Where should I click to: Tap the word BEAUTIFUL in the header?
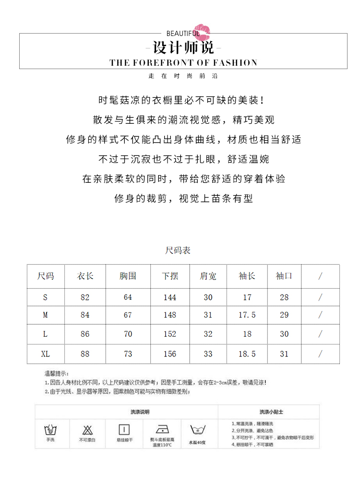[183, 34]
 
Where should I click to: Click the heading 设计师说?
[183, 48]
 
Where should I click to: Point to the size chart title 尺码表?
[178, 250]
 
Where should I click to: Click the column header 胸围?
[128, 276]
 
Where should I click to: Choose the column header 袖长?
[247, 276]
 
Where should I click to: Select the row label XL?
[45, 354]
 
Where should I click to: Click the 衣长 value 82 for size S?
[85, 297]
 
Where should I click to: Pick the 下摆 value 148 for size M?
[170, 315]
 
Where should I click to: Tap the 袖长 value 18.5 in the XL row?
[247, 354]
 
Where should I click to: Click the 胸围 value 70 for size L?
[128, 334]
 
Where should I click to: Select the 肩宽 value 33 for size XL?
[208, 354]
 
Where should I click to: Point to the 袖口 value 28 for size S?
[284, 297]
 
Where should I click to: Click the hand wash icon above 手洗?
[50, 429]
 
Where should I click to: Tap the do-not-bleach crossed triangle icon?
[87, 429]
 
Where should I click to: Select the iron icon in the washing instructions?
[161, 429]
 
